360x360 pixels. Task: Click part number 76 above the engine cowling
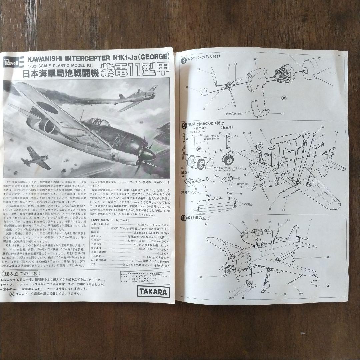coord(255,60)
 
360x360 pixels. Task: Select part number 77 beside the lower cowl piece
coord(282,114)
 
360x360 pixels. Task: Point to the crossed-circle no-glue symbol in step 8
coord(284,97)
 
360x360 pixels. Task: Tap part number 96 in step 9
coord(336,132)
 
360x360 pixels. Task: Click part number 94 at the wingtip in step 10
coord(206,225)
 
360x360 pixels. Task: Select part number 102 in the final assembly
coord(284,294)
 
